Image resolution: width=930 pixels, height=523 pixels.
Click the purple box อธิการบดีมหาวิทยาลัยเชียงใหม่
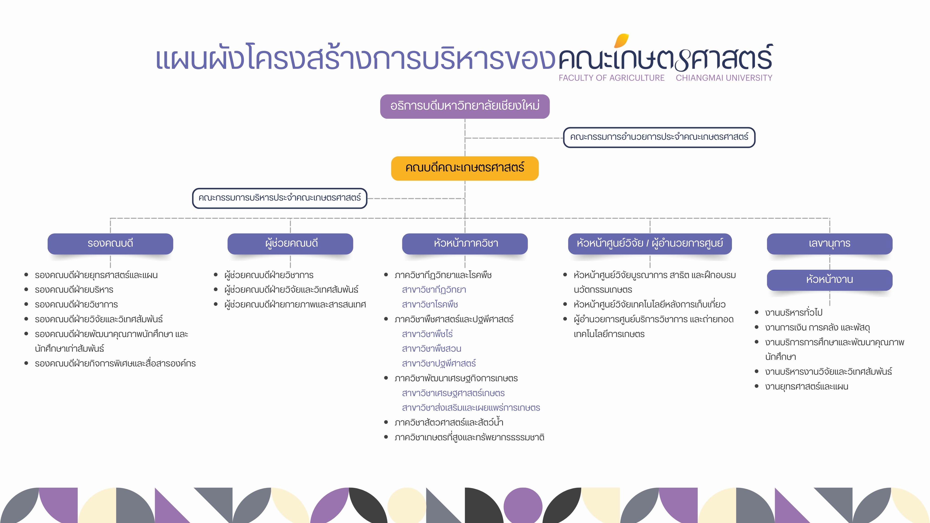click(465, 106)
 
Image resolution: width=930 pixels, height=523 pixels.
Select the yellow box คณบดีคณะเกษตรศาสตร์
click(465, 168)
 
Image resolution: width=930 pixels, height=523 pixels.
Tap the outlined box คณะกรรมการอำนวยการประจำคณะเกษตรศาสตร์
click(659, 137)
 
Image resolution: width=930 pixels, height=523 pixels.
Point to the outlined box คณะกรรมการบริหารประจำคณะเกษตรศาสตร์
click(279, 198)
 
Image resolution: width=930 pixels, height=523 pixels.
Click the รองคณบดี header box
click(110, 244)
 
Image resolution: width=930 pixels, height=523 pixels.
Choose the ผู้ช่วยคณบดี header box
click(290, 244)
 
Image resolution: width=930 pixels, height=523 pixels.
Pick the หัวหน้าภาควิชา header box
click(465, 244)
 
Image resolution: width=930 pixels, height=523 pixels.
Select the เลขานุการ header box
click(830, 244)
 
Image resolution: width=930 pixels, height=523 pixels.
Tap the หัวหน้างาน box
click(830, 280)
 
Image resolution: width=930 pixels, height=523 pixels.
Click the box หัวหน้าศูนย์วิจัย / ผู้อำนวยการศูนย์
click(650, 244)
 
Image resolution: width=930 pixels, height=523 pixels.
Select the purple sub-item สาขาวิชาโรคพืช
click(430, 304)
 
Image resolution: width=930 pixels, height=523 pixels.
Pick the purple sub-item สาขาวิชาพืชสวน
click(431, 349)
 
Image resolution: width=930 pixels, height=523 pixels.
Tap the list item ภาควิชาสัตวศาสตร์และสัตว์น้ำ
click(449, 422)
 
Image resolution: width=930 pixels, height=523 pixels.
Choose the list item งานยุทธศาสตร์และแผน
click(806, 386)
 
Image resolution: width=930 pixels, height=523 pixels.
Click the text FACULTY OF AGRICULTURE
click(612, 78)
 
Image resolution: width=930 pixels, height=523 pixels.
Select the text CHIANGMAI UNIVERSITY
click(724, 78)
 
